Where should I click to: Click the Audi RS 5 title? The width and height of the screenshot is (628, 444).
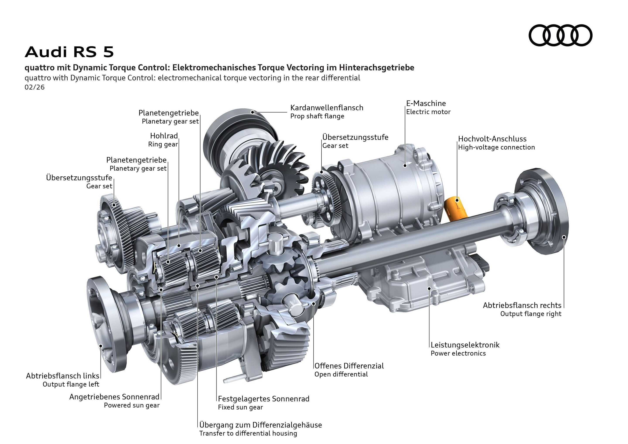69,52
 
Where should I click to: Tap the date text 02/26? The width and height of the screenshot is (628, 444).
34,87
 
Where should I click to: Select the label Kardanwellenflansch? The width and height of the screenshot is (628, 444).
327,108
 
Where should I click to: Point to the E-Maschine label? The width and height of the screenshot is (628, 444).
426,103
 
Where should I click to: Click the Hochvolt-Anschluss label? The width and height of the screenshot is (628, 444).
492,139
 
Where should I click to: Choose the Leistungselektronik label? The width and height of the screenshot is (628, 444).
465,345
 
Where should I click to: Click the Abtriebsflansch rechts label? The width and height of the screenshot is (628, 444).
522,305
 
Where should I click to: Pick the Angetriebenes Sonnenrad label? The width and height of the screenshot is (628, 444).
114,397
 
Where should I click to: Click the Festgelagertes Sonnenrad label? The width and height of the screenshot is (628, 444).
263,399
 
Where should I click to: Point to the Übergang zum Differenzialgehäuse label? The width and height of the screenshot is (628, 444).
260,425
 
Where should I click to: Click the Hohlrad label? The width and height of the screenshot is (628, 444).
164,136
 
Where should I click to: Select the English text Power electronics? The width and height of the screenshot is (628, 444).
458,353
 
